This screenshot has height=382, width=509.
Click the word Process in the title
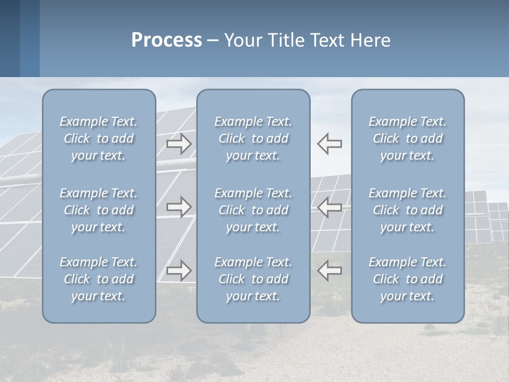coord(166,40)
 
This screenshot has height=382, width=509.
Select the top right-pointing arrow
coord(179,144)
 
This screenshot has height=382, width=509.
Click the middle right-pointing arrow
coord(179,207)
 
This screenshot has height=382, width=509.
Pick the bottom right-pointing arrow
coord(179,271)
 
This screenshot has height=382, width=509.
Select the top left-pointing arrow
coord(330,144)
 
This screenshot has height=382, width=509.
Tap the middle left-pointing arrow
coord(330,207)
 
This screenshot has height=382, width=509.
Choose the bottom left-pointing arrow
coord(330,271)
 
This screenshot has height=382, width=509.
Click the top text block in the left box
coord(99,138)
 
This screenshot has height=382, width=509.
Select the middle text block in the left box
coord(99,210)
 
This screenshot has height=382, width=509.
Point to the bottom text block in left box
coord(99,279)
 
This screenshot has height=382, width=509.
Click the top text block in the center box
coord(253,138)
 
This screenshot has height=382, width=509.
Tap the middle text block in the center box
coord(253,210)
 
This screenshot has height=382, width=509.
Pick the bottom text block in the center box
coord(253,279)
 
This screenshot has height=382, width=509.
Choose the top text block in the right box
coord(408,138)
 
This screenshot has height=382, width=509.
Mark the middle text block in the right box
coord(408,210)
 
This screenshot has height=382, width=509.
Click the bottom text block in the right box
coord(408,279)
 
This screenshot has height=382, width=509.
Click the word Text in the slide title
coord(326,40)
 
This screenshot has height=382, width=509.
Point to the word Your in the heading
coord(242,40)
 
